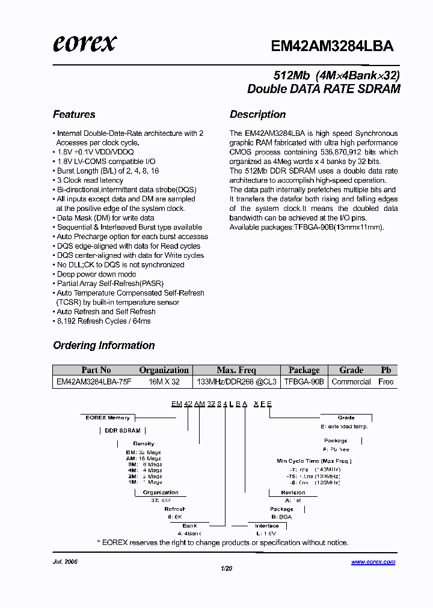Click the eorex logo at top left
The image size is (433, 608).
84,43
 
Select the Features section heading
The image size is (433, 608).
74,114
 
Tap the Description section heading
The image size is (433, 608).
257,114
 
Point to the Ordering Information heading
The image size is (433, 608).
103,345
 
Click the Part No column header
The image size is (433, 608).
96,370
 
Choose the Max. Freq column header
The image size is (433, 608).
236,370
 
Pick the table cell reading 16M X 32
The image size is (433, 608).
164,382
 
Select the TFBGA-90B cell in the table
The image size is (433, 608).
304,382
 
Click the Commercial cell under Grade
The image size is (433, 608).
351,382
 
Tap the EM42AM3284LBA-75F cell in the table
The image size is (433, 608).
93,382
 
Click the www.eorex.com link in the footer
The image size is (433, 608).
373,562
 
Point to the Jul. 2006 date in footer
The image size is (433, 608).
66,562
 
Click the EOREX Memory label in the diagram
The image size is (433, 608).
108,418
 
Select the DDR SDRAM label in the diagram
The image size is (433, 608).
123,431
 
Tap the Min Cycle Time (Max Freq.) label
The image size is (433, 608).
314,461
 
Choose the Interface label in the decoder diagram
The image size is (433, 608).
266,526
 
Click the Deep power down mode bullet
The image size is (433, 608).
96,274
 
